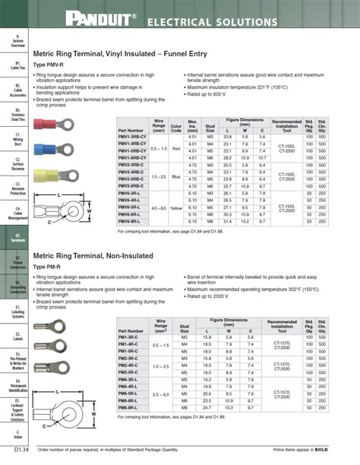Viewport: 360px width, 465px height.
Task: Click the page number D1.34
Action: [x=17, y=454]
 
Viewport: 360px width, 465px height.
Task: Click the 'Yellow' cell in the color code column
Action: [x=176, y=207]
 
